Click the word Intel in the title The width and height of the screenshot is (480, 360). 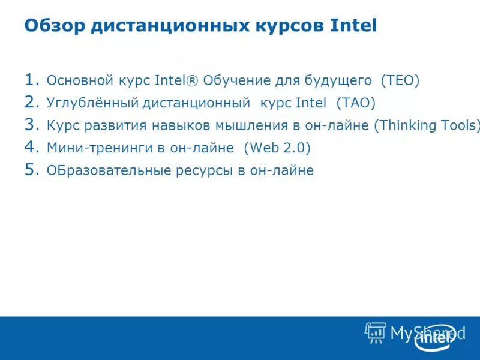pyautogui.click(x=353, y=26)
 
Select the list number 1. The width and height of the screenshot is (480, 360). pyautogui.click(x=31, y=79)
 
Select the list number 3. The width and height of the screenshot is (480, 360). pyautogui.click(x=31, y=125)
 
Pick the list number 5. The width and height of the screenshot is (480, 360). pyautogui.click(x=31, y=170)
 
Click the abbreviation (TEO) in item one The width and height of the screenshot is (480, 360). pyautogui.click(x=400, y=80)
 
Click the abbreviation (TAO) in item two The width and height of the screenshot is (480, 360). pyautogui.click(x=356, y=103)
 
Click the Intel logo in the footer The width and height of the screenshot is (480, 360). pyautogui.click(x=434, y=337)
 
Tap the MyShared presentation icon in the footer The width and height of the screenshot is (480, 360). pyautogui.click(x=376, y=332)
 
